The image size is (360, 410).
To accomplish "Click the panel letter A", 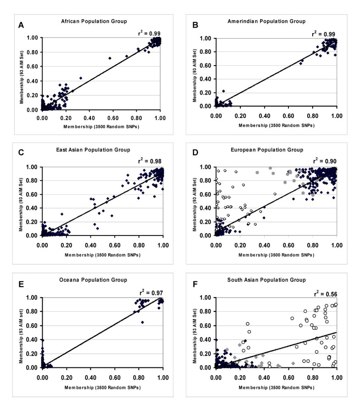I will click(x=21, y=25).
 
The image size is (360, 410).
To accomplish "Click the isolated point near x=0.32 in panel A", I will click(x=81, y=78).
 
